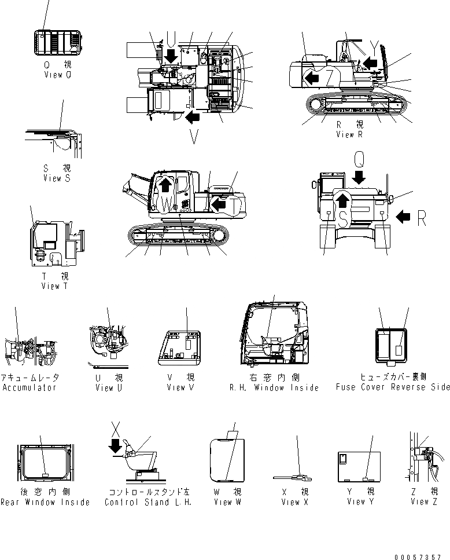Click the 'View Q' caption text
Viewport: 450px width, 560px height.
57,75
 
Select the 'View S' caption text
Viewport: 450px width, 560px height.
56,178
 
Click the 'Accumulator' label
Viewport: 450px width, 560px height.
29,387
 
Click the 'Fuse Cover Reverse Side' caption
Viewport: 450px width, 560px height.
392,387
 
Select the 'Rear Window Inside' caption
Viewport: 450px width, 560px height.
45,502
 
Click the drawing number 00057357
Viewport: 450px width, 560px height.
422,557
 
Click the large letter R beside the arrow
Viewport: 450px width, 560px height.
422,217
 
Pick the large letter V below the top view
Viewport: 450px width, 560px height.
193,137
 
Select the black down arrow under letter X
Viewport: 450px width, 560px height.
116,446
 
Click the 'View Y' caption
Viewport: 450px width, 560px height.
356,502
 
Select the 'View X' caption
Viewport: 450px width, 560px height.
294,502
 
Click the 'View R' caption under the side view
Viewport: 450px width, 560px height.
349,134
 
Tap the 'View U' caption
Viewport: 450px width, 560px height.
109,387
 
